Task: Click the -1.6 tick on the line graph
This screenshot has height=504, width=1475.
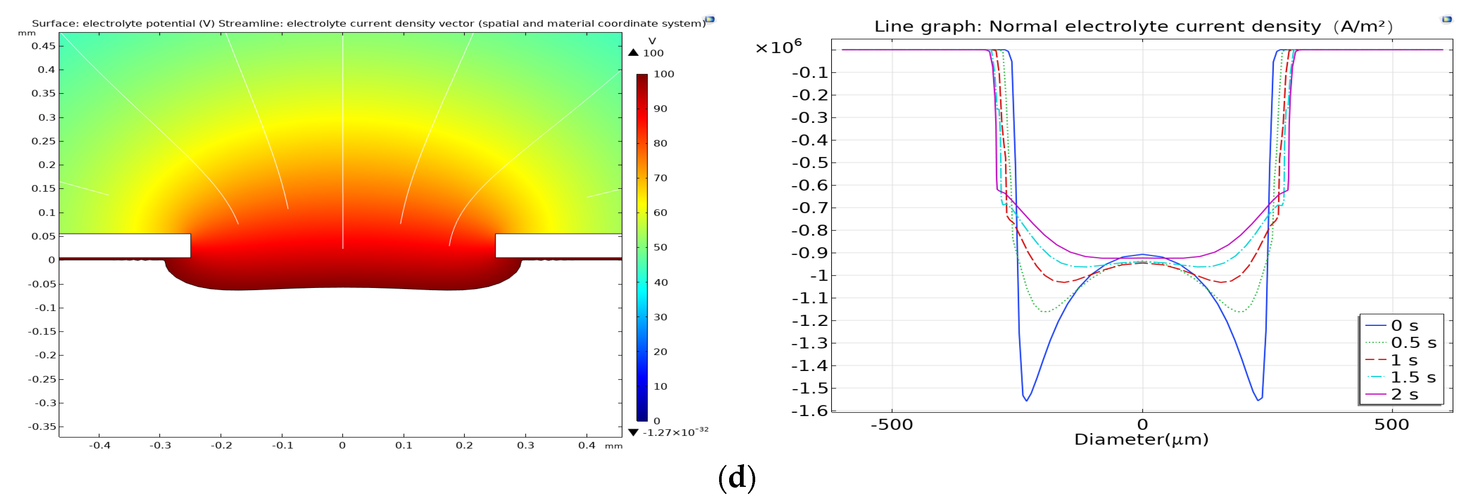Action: [x=809, y=411]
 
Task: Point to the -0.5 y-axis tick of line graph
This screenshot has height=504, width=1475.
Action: [x=809, y=163]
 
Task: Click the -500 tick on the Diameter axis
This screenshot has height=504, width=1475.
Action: [x=891, y=424]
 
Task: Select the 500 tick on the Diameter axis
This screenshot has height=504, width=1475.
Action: [x=1392, y=424]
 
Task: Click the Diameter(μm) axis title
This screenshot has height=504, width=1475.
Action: [x=1141, y=439]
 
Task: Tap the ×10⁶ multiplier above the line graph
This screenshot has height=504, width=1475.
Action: [x=778, y=47]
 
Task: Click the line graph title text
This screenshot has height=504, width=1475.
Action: [x=1132, y=26]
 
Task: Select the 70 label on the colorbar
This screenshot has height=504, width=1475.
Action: [x=660, y=178]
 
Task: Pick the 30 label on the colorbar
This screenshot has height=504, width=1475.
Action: [x=660, y=317]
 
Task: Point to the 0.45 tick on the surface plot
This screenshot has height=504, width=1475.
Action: [x=44, y=46]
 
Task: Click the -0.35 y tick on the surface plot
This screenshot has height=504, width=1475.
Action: [x=42, y=426]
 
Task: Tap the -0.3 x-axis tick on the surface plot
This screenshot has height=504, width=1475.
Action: [x=160, y=445]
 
